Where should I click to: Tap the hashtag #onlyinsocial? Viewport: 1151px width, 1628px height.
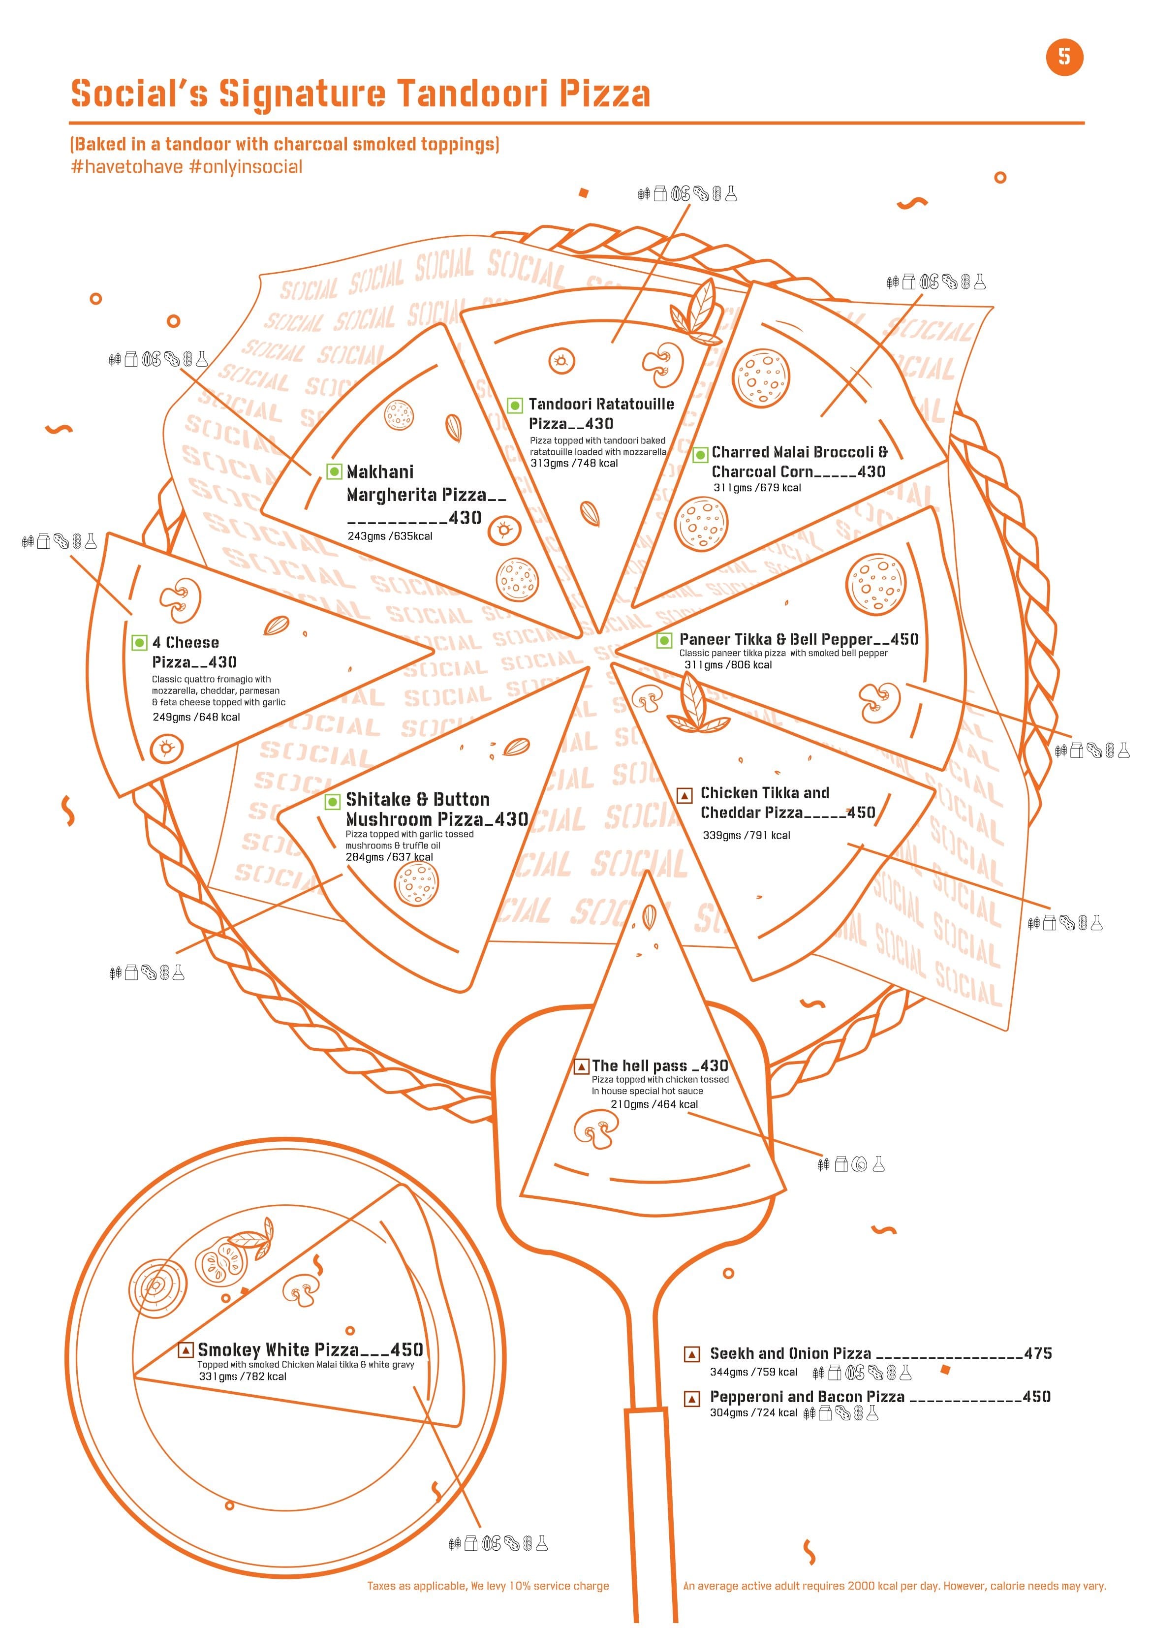point(246,167)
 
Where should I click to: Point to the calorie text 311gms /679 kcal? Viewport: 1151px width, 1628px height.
point(757,488)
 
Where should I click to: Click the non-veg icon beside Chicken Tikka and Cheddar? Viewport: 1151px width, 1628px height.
point(684,795)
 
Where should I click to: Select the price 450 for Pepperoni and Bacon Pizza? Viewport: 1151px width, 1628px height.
point(1036,1396)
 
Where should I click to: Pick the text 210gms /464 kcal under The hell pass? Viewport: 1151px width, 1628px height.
point(654,1104)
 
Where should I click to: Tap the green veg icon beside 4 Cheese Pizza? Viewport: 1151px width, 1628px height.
point(140,642)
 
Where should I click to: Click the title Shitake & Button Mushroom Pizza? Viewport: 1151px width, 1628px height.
point(436,809)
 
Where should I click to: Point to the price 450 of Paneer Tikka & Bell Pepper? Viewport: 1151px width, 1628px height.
point(903,639)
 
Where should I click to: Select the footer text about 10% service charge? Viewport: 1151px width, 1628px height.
point(488,1586)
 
